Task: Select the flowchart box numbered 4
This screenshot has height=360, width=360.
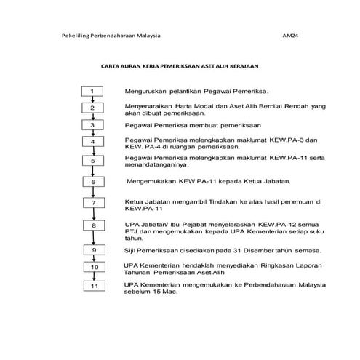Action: click(x=92, y=142)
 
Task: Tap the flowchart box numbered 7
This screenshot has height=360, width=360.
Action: click(x=92, y=203)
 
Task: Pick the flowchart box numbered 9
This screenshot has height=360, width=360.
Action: click(x=92, y=251)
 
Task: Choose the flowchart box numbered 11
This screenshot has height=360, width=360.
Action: click(x=92, y=286)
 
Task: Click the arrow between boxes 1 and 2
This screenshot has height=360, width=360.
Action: click(x=92, y=100)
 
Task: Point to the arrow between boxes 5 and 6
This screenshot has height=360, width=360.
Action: click(x=92, y=170)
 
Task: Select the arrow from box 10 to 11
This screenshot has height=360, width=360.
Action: click(x=92, y=277)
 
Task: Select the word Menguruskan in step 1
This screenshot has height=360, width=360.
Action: click(x=148, y=92)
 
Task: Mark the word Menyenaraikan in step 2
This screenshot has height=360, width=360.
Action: click(x=151, y=106)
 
